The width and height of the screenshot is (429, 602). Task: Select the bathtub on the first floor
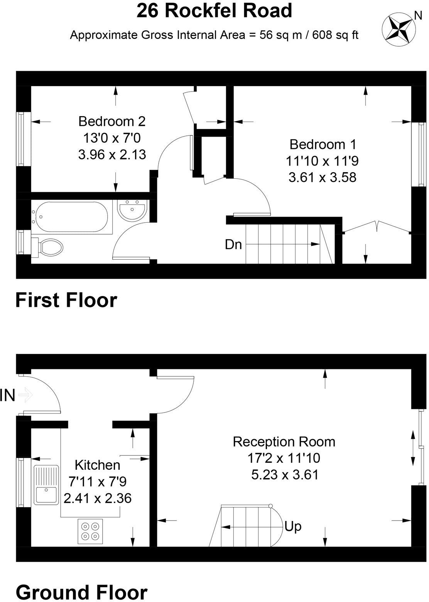pos(72,216)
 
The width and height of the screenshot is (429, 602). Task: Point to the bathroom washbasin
pos(132,211)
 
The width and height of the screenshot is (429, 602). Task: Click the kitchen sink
pos(46,485)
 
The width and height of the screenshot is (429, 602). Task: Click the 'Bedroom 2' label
pos(112,121)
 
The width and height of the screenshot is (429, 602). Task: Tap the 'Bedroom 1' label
pos(323,144)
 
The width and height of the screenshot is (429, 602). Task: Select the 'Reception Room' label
pos(284,441)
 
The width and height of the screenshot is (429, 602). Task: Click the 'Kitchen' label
pos(97,465)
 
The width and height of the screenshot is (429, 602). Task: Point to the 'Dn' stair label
pos(233,244)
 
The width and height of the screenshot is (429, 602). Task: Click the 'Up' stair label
pos(293,526)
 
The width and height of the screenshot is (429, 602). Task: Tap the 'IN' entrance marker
pos(8,396)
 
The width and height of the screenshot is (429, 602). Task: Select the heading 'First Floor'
pos(66,300)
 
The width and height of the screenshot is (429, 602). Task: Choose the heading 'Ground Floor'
pos(81,592)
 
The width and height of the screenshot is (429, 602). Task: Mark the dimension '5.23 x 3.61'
pos(285,474)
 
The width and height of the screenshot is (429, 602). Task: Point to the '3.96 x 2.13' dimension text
pos(112,154)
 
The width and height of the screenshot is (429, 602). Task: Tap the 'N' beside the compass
pos(417,15)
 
